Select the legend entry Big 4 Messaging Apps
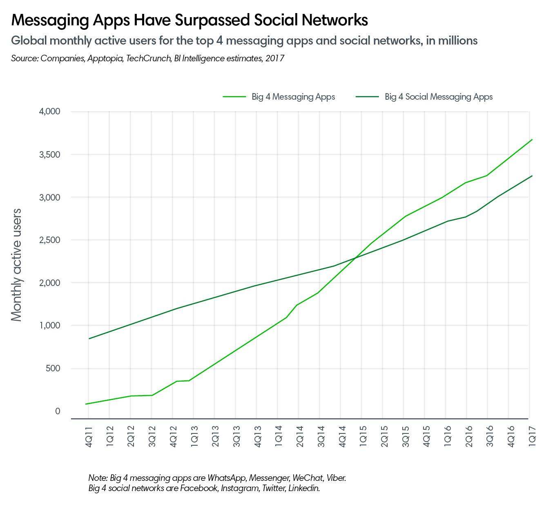tap(293, 97)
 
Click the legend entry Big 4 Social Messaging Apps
tap(438, 97)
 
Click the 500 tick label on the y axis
tap(52, 368)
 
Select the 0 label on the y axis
tap(58, 411)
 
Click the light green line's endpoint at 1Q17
tap(532, 140)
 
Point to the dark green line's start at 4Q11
tap(89, 338)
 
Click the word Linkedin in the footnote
tap(304, 488)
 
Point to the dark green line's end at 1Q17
tap(532, 176)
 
